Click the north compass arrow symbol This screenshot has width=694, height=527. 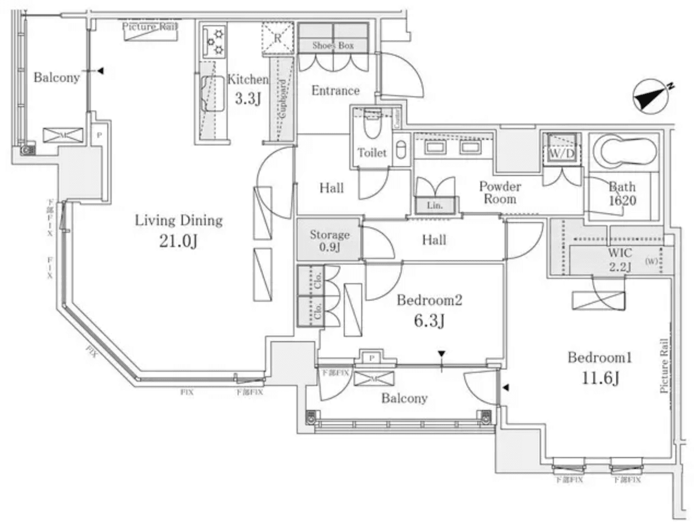point(651,97)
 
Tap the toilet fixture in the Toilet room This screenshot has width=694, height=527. point(373,128)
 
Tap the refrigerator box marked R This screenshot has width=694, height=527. point(277,39)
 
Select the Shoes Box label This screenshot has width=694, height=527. point(333,45)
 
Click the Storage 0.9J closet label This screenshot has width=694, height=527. point(329,241)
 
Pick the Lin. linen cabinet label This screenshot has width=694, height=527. point(435,206)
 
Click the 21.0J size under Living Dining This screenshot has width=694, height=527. point(178,241)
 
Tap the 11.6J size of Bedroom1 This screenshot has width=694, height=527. point(600,377)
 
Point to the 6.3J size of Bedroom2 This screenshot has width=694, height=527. point(429,320)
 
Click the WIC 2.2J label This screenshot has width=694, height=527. point(620,260)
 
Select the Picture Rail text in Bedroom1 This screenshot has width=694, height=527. point(664,365)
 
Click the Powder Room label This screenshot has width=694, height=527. point(500,192)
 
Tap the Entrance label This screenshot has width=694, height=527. point(335,91)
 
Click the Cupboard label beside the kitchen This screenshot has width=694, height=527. point(282,101)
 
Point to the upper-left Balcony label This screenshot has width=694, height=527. point(56,77)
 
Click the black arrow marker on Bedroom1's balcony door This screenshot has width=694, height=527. point(506,388)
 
